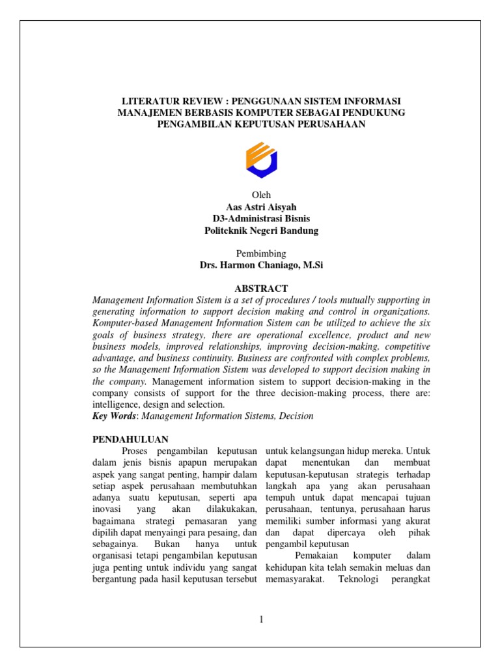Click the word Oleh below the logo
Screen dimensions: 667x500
coord(261,195)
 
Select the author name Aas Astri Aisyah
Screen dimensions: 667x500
coord(261,207)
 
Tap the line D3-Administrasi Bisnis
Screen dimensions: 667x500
coord(261,219)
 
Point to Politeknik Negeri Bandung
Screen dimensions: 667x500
coord(261,231)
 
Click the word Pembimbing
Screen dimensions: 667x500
coord(261,253)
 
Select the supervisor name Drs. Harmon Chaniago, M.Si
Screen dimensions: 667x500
coord(261,265)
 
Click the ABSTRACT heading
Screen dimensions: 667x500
coord(261,288)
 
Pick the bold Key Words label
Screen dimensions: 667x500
coord(115,416)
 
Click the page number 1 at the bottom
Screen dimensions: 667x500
coord(261,619)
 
